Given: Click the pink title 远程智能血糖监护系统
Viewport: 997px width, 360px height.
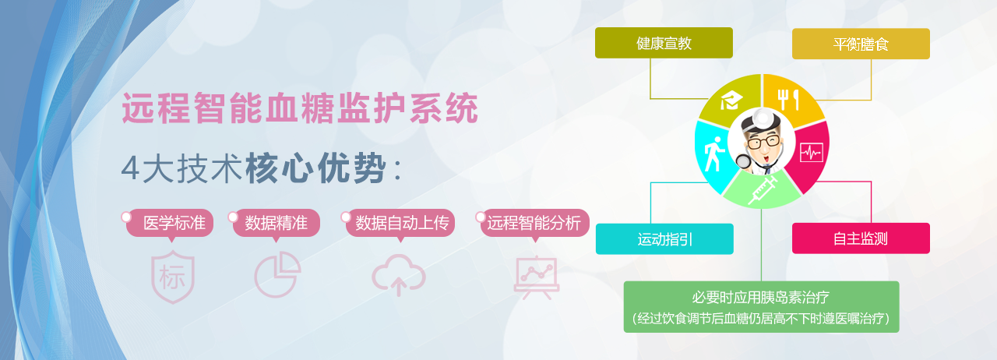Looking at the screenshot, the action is click(x=300, y=108).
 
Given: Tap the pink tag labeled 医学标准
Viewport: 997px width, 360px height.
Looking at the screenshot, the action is click(x=170, y=223).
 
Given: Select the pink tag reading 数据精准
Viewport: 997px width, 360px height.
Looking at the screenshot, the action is click(x=276, y=223).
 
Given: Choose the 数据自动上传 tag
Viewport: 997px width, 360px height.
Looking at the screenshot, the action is click(x=400, y=223).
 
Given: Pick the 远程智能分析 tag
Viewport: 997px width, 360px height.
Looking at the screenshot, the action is click(x=534, y=223).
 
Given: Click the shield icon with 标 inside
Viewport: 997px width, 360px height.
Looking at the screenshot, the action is click(x=173, y=277).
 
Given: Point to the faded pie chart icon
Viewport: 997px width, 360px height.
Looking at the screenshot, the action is click(x=278, y=274).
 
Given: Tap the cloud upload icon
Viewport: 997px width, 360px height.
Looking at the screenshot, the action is click(x=399, y=275).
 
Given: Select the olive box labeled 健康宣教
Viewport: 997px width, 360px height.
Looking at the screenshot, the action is click(x=664, y=43).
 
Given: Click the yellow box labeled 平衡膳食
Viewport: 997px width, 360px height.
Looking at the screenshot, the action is click(x=861, y=44).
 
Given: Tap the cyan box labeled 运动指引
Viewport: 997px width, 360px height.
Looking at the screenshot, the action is click(x=664, y=238).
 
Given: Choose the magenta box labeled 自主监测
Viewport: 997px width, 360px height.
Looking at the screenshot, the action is click(x=861, y=238).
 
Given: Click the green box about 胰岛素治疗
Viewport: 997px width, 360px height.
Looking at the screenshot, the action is click(x=761, y=307).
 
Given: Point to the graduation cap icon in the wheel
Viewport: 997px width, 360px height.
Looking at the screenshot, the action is click(x=731, y=101).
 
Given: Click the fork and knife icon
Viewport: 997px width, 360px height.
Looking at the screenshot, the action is click(x=788, y=100).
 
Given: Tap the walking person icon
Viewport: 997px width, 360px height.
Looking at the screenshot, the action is click(x=714, y=154).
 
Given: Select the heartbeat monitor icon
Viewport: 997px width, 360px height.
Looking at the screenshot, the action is click(x=812, y=153).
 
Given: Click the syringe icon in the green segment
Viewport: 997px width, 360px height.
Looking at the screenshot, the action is click(x=763, y=190).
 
